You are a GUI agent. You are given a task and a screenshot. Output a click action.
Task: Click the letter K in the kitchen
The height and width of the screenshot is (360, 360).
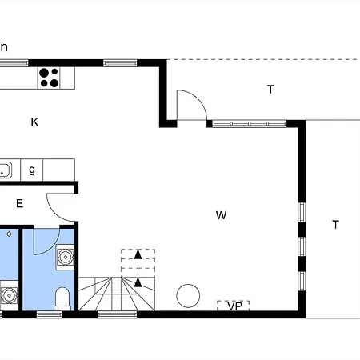click(x=34, y=122)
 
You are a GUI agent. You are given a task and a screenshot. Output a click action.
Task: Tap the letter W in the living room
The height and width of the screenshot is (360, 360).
click(x=222, y=215)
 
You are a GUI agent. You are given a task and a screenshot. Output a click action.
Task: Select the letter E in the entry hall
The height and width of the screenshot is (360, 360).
click(x=19, y=204)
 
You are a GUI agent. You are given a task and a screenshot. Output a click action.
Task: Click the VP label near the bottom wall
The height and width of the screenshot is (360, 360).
click(x=235, y=306)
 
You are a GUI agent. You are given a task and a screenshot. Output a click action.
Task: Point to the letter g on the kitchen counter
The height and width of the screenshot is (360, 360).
click(x=32, y=170)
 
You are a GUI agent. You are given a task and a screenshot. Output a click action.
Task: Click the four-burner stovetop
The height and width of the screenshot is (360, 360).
click(x=49, y=78)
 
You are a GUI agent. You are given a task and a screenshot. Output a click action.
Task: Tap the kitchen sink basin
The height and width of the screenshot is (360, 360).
click(x=6, y=170)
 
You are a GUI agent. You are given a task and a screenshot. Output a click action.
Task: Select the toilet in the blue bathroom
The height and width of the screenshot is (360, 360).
click(x=62, y=298)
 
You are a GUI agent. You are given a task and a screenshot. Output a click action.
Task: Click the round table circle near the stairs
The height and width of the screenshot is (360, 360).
click(x=188, y=296)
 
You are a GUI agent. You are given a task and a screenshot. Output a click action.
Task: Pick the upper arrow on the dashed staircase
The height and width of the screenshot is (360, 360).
click(x=138, y=254)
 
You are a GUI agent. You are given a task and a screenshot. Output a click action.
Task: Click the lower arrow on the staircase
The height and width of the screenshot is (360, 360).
click(x=138, y=282)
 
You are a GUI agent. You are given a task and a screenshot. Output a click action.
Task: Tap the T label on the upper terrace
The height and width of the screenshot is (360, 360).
click(x=270, y=89)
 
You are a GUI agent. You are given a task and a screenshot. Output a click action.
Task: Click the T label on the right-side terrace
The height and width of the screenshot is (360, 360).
click(x=336, y=225)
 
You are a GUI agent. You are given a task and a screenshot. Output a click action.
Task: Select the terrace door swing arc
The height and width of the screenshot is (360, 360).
click(x=198, y=98)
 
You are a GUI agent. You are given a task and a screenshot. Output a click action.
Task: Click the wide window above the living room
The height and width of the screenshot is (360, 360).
click(x=250, y=124)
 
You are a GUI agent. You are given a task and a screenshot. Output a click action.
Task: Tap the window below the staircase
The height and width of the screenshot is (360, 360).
click(x=118, y=314)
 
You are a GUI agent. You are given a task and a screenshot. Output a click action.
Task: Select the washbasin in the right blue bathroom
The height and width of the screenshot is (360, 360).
click(x=66, y=257)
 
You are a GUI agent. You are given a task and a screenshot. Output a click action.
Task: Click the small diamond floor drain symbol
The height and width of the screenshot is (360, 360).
click(x=10, y=234)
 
